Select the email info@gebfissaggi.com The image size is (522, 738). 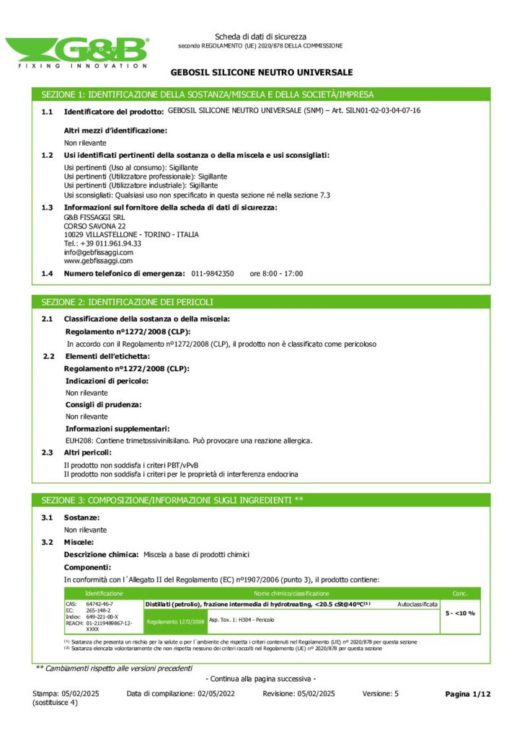[x=99, y=252]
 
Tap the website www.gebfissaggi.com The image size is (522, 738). [x=98, y=261]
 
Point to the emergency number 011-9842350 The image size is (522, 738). [x=213, y=274]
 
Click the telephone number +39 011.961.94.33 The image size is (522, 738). [x=102, y=244]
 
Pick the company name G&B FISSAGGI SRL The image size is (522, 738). [x=94, y=218]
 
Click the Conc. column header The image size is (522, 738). [x=460, y=593]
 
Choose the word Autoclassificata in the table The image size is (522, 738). [x=417, y=604]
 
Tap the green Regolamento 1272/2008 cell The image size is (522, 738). [x=175, y=621]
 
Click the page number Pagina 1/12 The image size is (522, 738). [x=468, y=693]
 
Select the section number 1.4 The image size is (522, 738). [x=47, y=274]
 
